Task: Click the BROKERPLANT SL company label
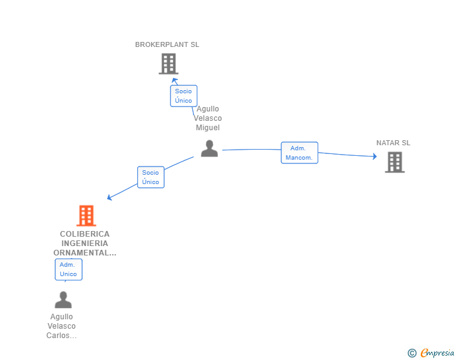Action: click(167, 44)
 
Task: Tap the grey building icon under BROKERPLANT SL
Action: click(168, 64)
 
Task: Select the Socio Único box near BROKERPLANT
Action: click(184, 96)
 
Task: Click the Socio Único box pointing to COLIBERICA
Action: click(150, 177)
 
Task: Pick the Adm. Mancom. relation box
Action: click(299, 153)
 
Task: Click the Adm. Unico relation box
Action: click(69, 270)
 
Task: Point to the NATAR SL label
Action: click(393, 143)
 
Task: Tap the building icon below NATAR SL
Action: click(395, 162)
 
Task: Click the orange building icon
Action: click(86, 216)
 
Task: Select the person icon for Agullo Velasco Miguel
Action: click(209, 148)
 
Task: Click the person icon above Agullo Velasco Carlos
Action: click(63, 300)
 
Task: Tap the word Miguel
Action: click(208, 128)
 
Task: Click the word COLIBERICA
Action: click(85, 234)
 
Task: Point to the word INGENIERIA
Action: click(85, 244)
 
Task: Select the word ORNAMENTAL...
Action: click(81, 253)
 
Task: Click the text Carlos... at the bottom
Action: click(61, 336)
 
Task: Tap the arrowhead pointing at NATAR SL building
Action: click(375, 156)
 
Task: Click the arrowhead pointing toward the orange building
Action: click(110, 197)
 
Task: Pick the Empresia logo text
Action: click(437, 352)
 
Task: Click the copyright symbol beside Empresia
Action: click(412, 353)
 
